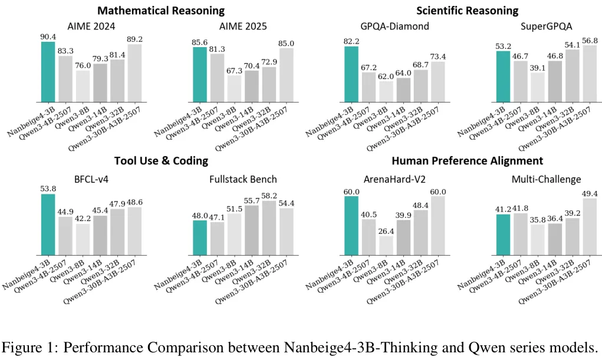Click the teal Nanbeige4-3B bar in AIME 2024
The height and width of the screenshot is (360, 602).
[48, 71]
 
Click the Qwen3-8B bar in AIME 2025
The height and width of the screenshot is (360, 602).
[235, 88]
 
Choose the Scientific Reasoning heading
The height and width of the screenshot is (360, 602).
[467, 11]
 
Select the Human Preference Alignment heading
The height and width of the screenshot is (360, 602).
[467, 161]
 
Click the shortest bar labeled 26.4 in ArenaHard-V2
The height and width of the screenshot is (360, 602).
[387, 245]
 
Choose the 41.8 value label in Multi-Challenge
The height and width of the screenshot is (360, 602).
[522, 208]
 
